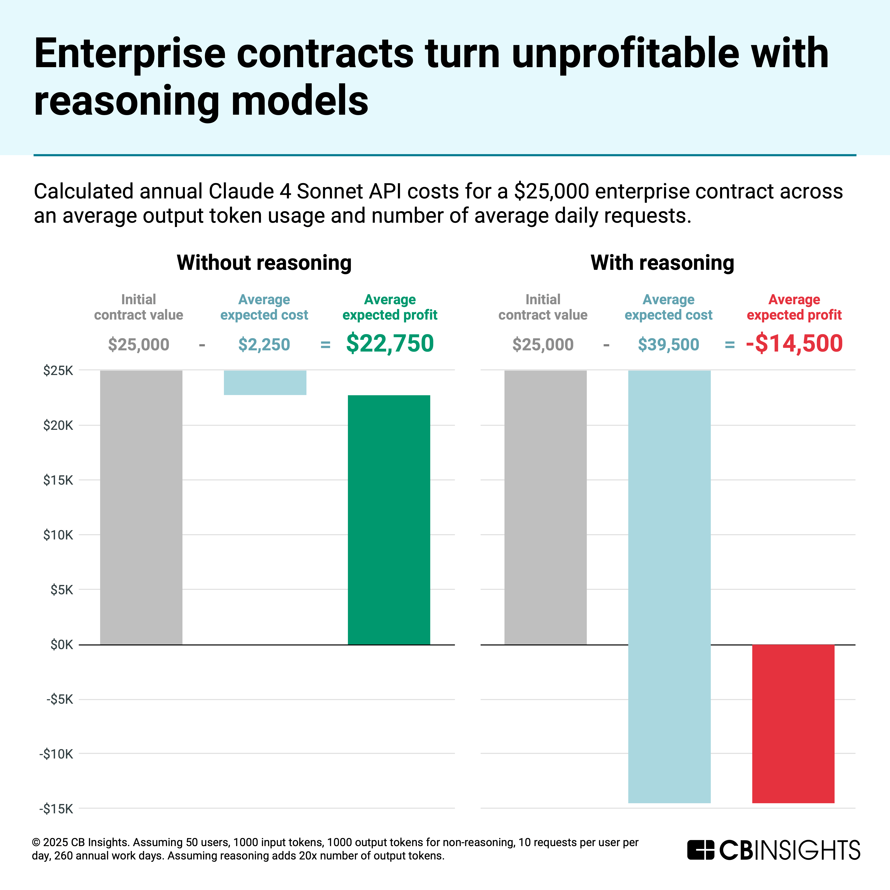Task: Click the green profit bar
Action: pyautogui.click(x=389, y=520)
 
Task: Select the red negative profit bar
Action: pyautogui.click(x=793, y=723)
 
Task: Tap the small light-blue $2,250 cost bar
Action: pyautogui.click(x=265, y=382)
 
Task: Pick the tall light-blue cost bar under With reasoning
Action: pyautogui.click(x=669, y=585)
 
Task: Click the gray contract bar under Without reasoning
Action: pyautogui.click(x=141, y=507)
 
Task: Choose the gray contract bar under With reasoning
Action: pyautogui.click(x=545, y=507)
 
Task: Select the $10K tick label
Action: pyautogui.click(x=58, y=535)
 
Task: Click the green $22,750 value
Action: pyautogui.click(x=390, y=344)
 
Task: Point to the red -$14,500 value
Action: pyautogui.click(x=794, y=344)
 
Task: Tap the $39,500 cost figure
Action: pyautogui.click(x=669, y=345)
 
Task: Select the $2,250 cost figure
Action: pyautogui.click(x=264, y=345)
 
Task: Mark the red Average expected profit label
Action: pyautogui.click(x=794, y=307)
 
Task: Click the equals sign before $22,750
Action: pyautogui.click(x=325, y=345)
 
